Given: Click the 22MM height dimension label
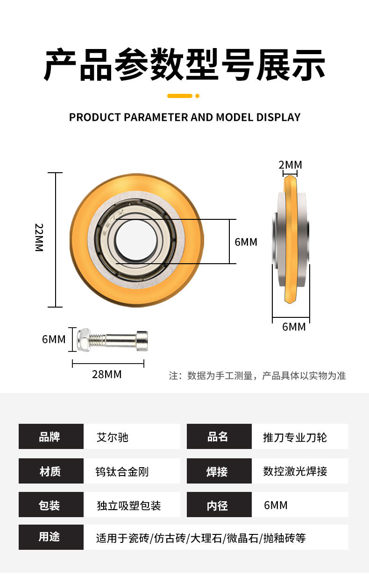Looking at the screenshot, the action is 39,238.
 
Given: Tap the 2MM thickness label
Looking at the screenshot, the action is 291,165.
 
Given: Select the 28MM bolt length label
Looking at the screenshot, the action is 107,374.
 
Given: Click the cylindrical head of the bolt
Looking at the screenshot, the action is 142,341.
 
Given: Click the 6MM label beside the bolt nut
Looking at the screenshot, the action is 54,339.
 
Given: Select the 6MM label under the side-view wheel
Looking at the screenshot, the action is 294,327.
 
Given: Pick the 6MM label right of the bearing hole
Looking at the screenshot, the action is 246,242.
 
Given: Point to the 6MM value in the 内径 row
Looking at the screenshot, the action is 276,505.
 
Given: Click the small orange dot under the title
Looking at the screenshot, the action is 198,96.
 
